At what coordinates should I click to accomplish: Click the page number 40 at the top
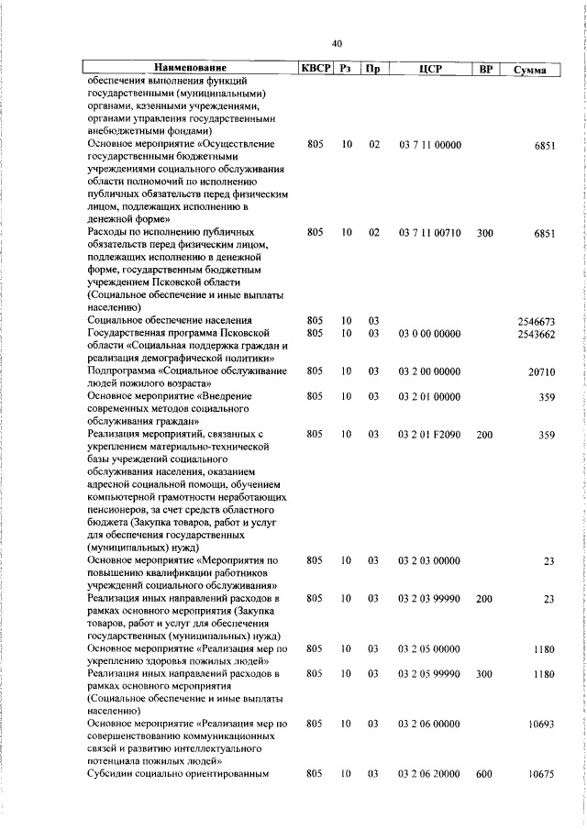pos(337,43)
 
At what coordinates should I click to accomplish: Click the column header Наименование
pos(190,69)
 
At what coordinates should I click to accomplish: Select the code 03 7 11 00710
pos(430,234)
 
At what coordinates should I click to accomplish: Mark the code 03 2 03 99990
pos(430,599)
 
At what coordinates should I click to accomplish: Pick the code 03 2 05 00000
pos(430,649)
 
